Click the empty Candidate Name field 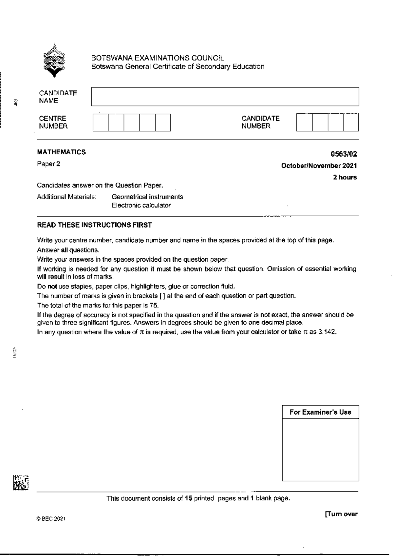point(225,97)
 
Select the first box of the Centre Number point(101,123)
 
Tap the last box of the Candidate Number point(351,123)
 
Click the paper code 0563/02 point(344,154)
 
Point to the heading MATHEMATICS point(62,152)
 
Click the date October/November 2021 point(319,166)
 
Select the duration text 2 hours point(345,177)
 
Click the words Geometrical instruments point(147,197)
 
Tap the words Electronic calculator point(141,205)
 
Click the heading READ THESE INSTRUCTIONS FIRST point(94,225)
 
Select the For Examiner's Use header point(320,412)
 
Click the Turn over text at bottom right point(341,514)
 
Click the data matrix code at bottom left point(21,482)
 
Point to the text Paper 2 point(48,164)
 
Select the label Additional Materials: point(66,197)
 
